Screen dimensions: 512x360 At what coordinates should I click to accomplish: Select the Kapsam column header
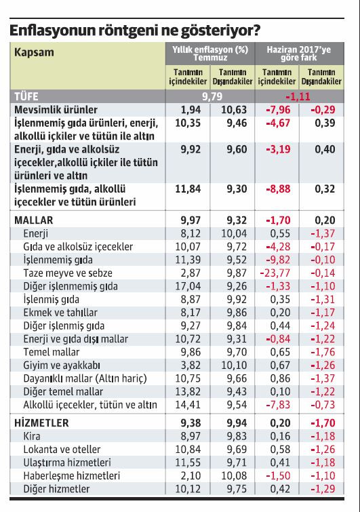coord(35,52)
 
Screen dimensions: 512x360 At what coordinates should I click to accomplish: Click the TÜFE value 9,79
coord(212,96)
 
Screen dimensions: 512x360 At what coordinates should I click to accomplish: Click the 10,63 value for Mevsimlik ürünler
coord(233,109)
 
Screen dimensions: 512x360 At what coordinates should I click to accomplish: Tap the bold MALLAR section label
coord(33,220)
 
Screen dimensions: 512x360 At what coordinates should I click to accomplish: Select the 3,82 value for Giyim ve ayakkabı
coord(190,366)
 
